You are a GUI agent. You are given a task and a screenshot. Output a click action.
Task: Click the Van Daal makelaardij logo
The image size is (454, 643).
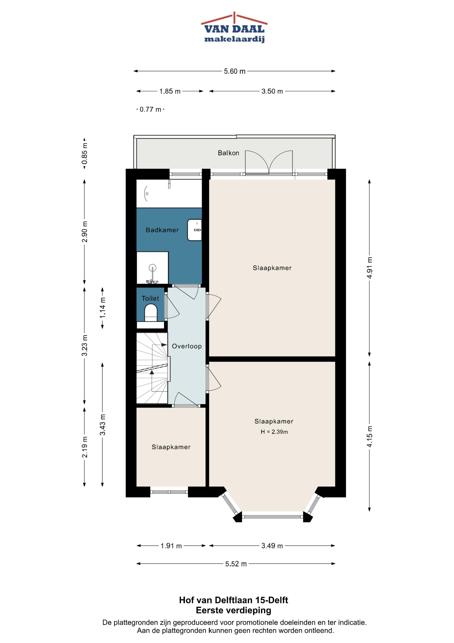[234, 27]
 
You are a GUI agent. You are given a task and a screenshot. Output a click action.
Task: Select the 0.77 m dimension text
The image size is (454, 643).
[150, 109]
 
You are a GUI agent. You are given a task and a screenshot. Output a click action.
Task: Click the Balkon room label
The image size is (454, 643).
[228, 153]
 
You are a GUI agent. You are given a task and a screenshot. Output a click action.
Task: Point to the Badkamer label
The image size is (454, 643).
[162, 230]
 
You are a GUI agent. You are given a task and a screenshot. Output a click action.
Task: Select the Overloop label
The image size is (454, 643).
[187, 346]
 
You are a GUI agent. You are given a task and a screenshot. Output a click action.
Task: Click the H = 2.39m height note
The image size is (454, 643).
[274, 432]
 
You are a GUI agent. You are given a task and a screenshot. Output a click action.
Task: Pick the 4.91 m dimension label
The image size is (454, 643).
[370, 268]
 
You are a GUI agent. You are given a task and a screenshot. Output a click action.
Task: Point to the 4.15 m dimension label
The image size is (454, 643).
[370, 436]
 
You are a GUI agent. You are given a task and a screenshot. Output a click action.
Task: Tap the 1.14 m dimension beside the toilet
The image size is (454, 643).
[103, 307]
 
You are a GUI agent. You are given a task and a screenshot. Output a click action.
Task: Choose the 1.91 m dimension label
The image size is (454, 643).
[171, 546]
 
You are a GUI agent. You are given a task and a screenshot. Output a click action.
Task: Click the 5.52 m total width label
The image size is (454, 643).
[236, 564]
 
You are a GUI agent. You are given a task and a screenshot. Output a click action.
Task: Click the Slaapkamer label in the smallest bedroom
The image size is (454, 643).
[171, 447]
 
